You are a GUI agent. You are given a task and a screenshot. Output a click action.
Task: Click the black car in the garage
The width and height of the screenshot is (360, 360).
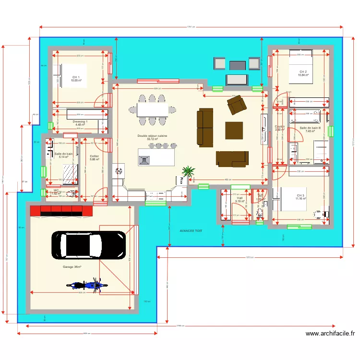(88, 245)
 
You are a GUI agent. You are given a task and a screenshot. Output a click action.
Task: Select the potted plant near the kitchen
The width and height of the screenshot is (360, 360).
(188, 171)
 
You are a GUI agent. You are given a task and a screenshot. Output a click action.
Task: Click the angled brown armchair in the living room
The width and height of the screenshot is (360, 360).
(236, 106)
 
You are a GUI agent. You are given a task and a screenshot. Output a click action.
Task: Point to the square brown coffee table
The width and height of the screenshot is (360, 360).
(234, 130)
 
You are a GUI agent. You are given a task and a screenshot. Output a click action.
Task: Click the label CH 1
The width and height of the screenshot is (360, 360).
(76, 77)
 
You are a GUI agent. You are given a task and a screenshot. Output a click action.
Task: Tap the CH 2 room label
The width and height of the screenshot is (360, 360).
(302, 72)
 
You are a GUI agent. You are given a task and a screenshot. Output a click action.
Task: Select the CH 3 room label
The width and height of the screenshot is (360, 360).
(300, 195)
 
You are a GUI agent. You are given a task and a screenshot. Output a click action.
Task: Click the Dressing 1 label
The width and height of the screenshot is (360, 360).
(80, 122)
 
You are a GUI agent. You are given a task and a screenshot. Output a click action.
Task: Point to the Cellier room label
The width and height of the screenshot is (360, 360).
(94, 156)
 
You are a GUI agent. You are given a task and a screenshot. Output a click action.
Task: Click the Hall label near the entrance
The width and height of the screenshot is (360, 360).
(240, 198)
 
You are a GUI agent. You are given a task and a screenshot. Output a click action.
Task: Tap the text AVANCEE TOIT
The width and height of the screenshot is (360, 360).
(191, 231)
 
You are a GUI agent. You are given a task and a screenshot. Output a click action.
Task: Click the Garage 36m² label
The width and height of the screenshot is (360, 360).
(72, 267)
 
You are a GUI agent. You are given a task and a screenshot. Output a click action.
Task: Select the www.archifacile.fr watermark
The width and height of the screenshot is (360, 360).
(330, 333)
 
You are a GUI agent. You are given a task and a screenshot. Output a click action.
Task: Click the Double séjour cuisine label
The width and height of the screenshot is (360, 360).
(153, 136)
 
